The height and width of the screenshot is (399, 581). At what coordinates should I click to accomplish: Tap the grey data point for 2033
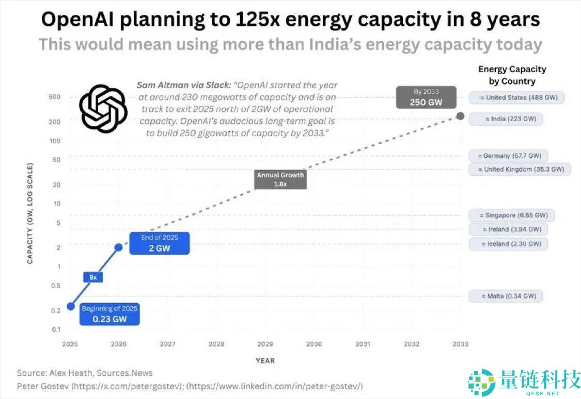click(460, 117)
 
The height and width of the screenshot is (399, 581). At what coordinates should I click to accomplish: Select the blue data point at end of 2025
click(118, 247)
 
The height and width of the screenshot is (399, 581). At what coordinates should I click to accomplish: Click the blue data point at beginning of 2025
click(71, 307)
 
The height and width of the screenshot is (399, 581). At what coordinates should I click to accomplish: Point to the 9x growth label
click(93, 277)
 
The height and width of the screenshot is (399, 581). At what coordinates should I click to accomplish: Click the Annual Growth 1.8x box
click(281, 179)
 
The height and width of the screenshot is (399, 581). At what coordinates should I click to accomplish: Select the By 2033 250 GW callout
click(426, 97)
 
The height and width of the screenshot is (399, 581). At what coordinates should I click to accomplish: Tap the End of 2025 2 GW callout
click(160, 243)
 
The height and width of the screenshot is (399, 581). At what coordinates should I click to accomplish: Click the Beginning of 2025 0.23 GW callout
click(109, 314)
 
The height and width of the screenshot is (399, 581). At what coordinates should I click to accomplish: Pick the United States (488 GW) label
click(516, 97)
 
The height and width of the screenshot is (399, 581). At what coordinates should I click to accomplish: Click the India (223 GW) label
click(506, 119)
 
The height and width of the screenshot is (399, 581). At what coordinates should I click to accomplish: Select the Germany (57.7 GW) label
click(509, 156)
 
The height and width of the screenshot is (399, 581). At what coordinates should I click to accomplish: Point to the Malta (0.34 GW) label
click(506, 296)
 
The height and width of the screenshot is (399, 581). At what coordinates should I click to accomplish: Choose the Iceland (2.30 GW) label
click(508, 244)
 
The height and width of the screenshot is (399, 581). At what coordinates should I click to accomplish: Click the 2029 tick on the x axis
click(265, 344)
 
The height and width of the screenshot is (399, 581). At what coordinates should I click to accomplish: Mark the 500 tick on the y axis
click(55, 97)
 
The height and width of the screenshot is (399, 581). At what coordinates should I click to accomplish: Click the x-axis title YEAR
click(265, 361)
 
